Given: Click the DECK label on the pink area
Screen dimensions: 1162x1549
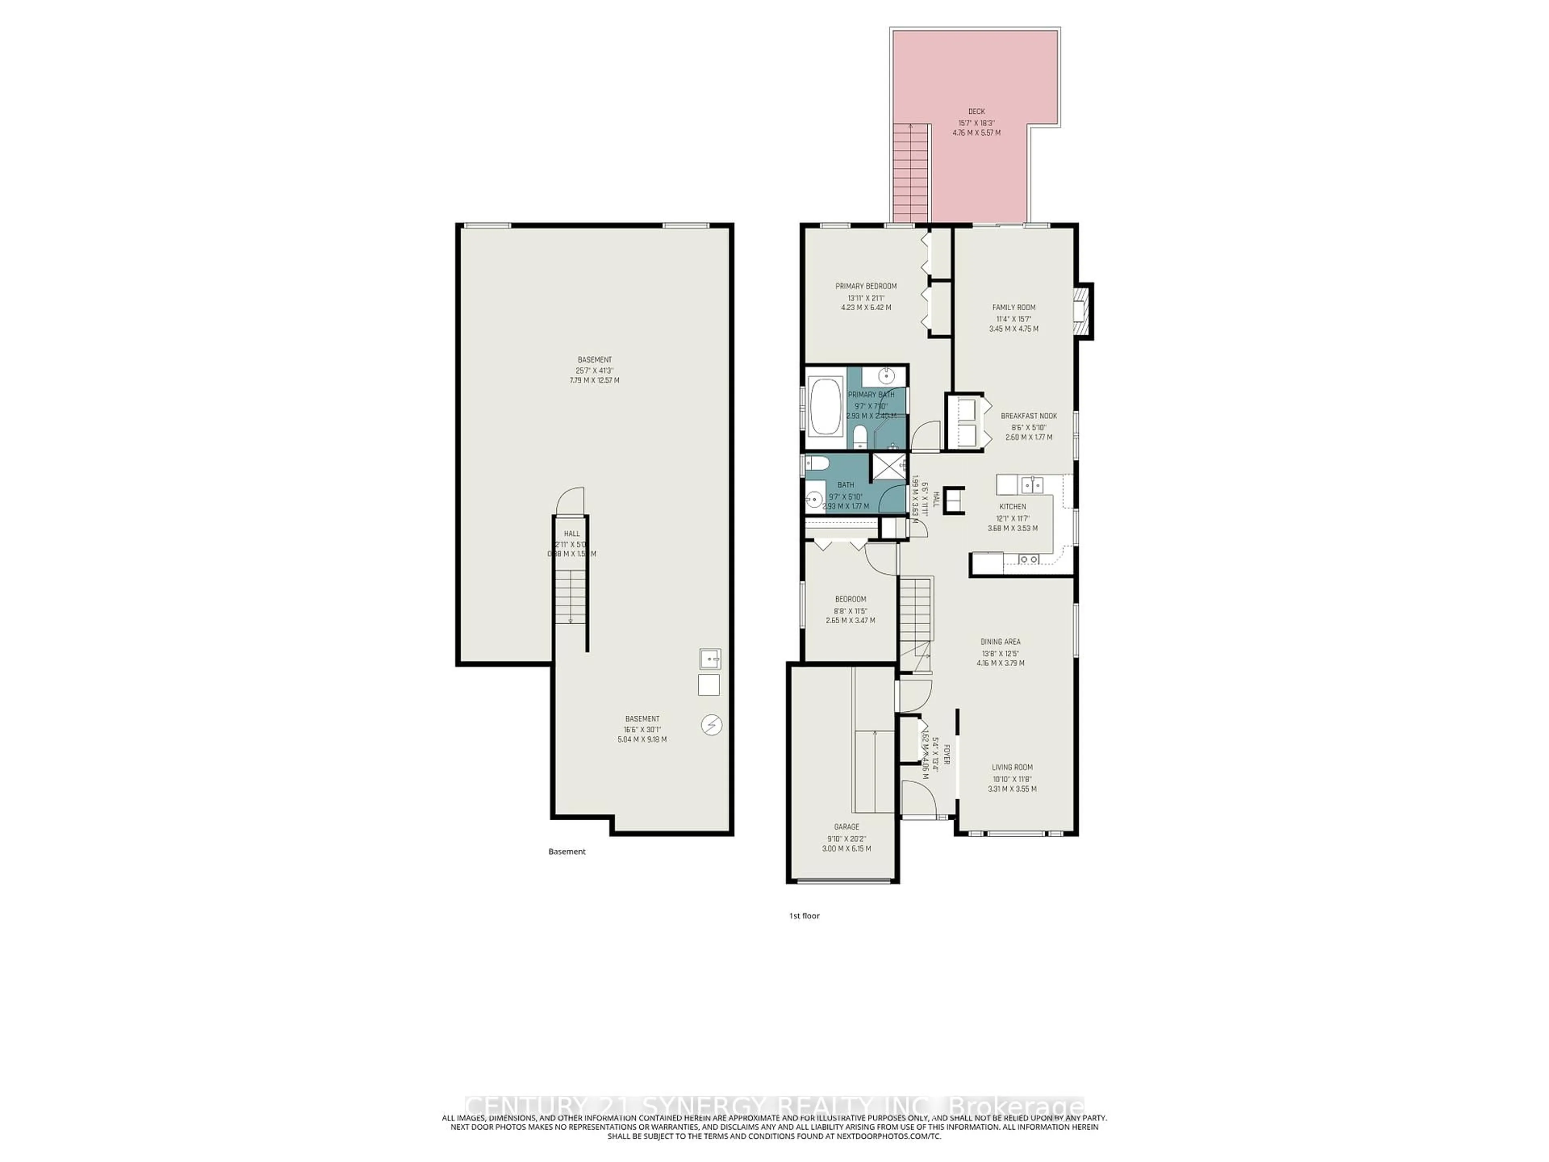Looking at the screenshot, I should click(x=976, y=111).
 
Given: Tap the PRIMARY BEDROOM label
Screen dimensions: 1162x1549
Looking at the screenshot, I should click(x=866, y=286).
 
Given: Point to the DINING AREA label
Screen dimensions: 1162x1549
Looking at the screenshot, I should click(x=1000, y=642).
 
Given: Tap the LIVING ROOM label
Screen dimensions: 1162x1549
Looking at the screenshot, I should click(x=1012, y=767).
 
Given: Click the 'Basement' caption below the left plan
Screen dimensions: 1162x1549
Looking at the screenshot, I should click(x=566, y=852).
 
